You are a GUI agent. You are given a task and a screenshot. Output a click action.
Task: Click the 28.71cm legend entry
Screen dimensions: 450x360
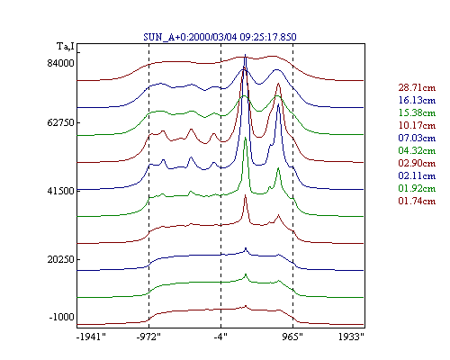(x=417, y=87)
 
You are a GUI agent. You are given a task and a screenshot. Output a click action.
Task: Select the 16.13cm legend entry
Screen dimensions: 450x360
(x=417, y=100)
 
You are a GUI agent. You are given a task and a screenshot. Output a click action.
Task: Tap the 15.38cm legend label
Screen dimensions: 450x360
(x=417, y=112)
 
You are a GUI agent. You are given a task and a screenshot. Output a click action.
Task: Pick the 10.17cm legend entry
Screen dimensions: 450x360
(x=417, y=125)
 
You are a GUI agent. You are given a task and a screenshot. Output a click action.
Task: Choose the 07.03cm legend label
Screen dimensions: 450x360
(x=417, y=138)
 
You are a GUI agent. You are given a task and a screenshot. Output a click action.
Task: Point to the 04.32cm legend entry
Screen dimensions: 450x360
(x=417, y=150)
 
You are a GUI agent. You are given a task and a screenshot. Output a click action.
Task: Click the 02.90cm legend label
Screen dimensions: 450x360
(x=417, y=163)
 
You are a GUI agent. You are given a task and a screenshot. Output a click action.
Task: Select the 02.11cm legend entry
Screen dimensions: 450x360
(x=417, y=175)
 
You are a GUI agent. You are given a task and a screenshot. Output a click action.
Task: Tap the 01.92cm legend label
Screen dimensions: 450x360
(x=417, y=188)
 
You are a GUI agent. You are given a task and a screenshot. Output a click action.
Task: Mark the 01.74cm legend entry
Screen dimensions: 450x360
(x=417, y=201)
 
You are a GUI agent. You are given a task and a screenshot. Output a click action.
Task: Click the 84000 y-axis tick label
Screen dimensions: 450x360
(x=60, y=63)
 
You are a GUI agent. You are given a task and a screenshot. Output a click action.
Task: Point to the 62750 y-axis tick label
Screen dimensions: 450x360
(x=60, y=122)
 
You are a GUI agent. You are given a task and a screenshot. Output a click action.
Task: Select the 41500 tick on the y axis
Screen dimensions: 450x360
(x=60, y=191)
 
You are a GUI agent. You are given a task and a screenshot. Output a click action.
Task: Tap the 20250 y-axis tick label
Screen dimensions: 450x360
(x=60, y=259)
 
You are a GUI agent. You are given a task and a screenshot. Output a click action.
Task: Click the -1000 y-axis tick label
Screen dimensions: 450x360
(x=61, y=317)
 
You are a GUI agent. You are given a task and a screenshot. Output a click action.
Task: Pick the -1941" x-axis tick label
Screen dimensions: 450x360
(x=91, y=337)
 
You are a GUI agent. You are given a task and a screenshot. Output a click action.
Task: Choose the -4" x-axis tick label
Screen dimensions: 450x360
(x=220, y=337)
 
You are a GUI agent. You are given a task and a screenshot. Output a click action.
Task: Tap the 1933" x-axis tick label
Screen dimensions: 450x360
(x=351, y=337)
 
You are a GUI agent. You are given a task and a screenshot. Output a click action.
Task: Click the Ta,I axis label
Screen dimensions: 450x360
(x=66, y=47)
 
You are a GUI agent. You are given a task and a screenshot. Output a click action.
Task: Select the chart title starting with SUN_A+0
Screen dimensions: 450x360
(x=220, y=37)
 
